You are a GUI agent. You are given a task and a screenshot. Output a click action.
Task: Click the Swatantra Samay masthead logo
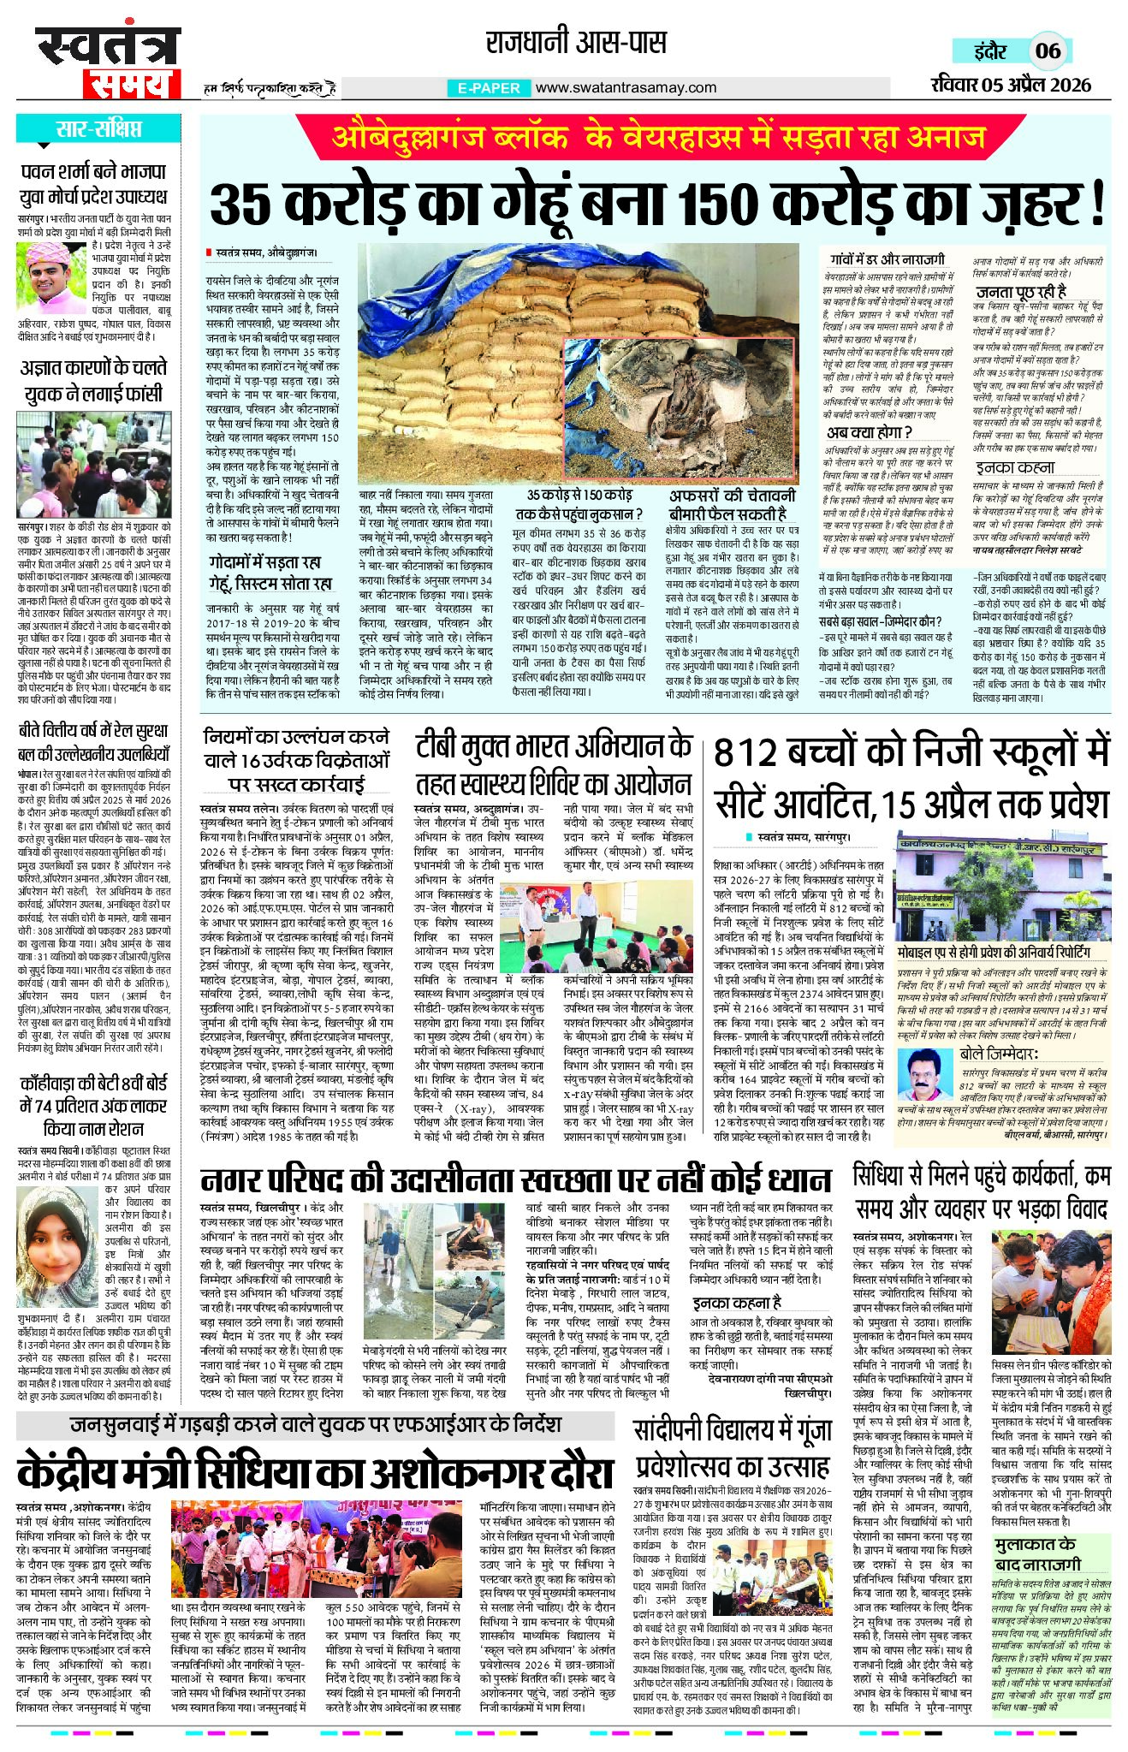[x=108, y=62]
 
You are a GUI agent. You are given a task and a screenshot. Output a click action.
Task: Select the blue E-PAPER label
[x=489, y=88]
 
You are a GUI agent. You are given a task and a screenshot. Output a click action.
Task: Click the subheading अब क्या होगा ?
[x=869, y=431]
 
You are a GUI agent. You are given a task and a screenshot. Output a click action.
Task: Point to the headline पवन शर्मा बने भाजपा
[x=94, y=171]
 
